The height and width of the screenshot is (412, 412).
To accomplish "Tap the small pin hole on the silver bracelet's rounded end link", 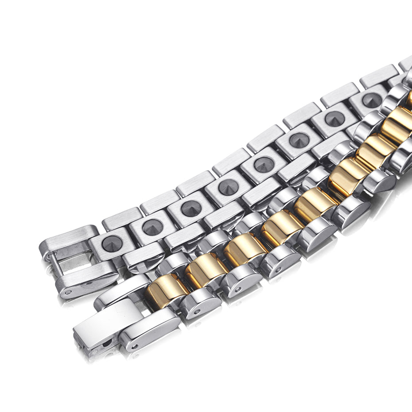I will pos(68,292).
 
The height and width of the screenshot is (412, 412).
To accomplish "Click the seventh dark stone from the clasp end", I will pos(335,119).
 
